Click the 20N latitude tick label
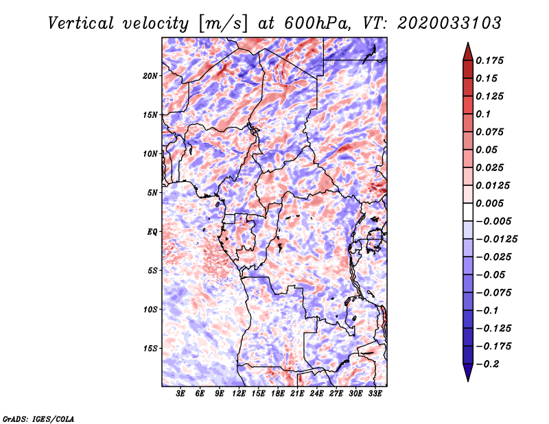point(150,76)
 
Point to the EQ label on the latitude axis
point(152,232)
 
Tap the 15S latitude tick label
point(150,349)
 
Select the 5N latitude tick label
point(152,193)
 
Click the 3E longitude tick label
point(180,394)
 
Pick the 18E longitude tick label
point(277,394)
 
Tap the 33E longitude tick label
point(375,394)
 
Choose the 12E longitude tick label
point(238,394)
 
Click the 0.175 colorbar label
point(489,60)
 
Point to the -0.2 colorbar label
point(488,364)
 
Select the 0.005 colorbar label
point(489,203)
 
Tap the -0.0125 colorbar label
point(496,239)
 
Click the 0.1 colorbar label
point(483,114)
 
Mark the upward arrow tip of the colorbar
point(468,43)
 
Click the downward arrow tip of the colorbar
point(468,381)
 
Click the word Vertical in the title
point(81,23)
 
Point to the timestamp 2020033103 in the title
point(449,23)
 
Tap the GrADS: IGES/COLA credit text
point(38,419)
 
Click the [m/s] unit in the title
point(223,23)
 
